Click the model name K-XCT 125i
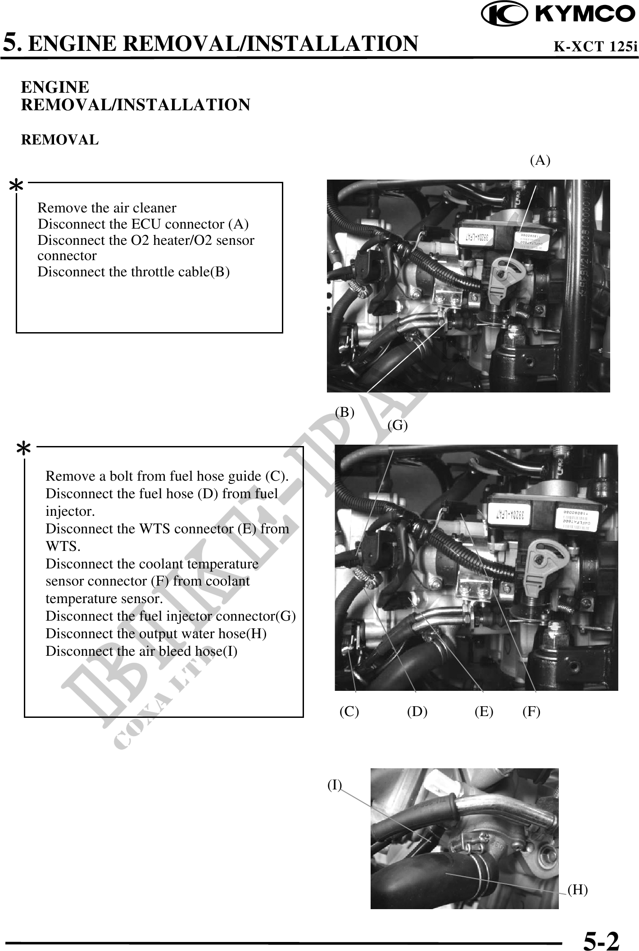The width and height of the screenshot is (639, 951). click(x=595, y=46)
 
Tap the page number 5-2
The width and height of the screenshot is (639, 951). click(x=601, y=940)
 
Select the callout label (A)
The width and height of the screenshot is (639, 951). click(x=540, y=160)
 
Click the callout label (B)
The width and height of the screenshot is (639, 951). click(x=344, y=412)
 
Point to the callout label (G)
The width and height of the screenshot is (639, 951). click(x=398, y=425)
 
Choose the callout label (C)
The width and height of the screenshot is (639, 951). click(x=349, y=711)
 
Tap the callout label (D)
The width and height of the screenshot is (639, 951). click(x=417, y=711)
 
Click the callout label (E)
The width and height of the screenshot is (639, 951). click(x=484, y=711)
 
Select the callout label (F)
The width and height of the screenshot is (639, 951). click(x=531, y=711)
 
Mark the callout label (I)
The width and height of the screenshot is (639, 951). click(x=335, y=784)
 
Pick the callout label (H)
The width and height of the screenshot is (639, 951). click(x=578, y=889)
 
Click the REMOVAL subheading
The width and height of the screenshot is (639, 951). click(x=60, y=140)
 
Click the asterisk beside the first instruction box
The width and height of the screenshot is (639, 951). click(x=17, y=186)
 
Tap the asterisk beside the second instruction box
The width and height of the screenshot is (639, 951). click(x=23, y=450)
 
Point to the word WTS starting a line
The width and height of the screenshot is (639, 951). click(x=62, y=547)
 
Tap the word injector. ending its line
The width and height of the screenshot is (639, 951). click(x=70, y=512)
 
